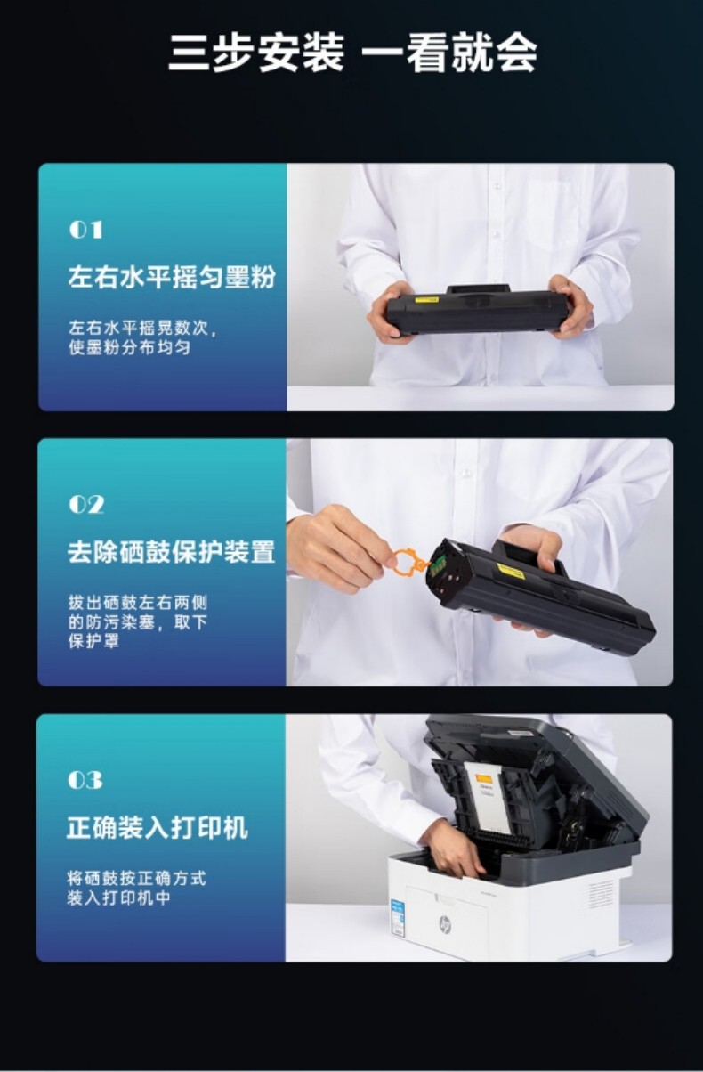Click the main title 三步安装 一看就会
pyautogui.click(x=352, y=53)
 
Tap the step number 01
pyautogui.click(x=86, y=230)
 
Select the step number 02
pyautogui.click(x=86, y=505)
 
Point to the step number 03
pyautogui.click(x=85, y=780)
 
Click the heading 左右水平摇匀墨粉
pyautogui.click(x=172, y=277)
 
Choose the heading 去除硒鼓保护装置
pyautogui.click(x=171, y=552)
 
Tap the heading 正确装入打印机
pyautogui.click(x=158, y=827)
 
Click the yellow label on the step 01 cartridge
pyautogui.click(x=426, y=300)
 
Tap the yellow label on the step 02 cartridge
pyautogui.click(x=511, y=571)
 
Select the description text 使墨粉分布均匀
pyautogui.click(x=130, y=347)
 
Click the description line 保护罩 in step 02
pyautogui.click(x=93, y=641)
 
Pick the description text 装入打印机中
pyautogui.click(x=118, y=898)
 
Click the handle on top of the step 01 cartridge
pyautogui.click(x=478, y=289)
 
